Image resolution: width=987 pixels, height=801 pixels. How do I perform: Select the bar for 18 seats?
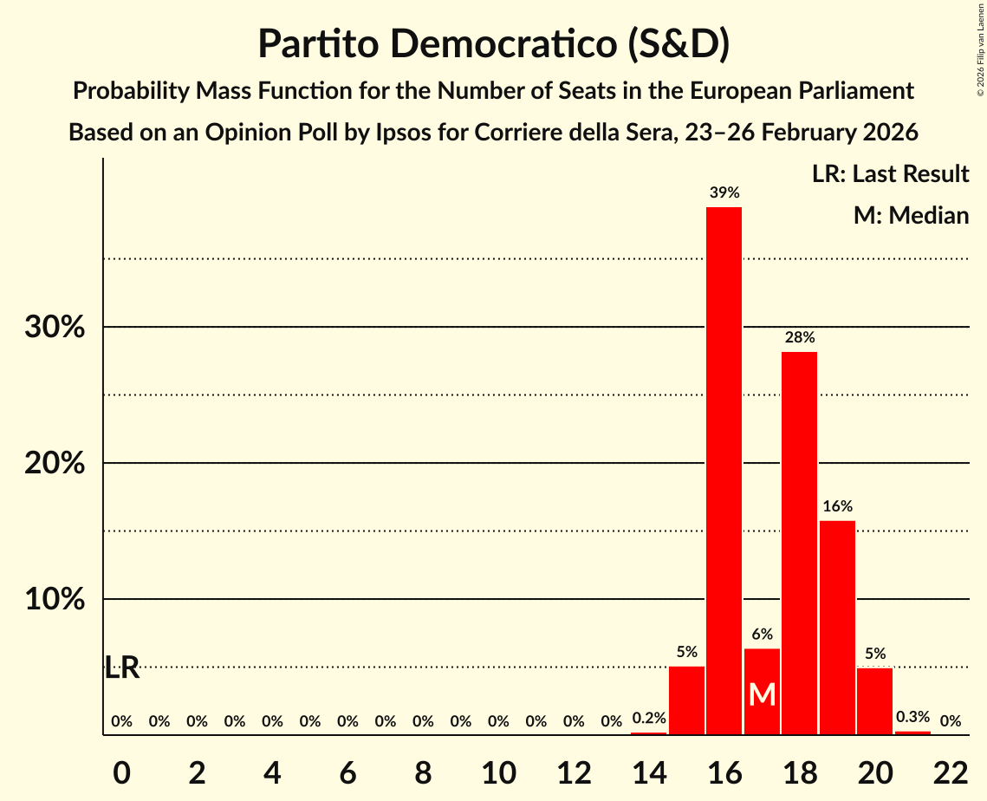point(799,543)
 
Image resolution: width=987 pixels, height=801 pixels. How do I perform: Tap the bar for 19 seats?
point(837,628)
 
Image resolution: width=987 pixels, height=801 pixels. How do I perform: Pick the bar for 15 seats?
point(686,700)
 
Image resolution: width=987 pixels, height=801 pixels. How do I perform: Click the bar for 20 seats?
point(874,700)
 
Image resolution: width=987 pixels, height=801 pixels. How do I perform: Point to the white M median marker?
point(762,694)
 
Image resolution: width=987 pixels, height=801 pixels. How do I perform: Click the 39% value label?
point(724,193)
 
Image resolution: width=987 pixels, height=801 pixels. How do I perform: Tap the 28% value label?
point(799,338)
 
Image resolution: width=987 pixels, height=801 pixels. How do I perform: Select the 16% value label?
point(837,506)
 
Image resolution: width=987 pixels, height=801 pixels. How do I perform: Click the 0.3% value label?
point(912,717)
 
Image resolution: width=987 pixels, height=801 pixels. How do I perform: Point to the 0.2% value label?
point(649,718)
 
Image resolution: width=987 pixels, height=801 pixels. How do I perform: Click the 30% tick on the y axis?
point(55,328)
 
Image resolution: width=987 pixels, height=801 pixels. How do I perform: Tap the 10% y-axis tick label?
point(55,600)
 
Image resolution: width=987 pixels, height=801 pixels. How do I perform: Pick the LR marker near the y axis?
point(122,667)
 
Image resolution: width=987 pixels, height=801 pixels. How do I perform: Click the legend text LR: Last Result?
point(890,174)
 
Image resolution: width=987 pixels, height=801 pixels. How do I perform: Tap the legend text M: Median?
point(910,215)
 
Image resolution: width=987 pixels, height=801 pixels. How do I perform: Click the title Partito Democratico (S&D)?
point(493,44)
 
